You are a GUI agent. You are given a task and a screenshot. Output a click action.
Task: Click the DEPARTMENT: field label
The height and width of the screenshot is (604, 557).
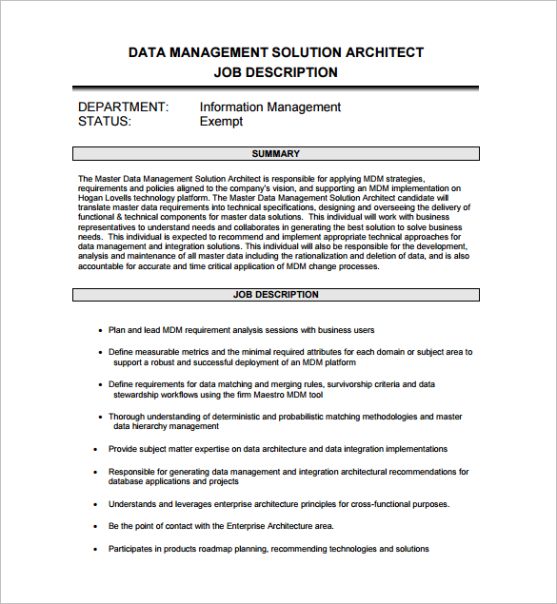(x=124, y=107)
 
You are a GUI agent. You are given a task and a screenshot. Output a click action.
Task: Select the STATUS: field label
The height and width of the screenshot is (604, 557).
(x=105, y=122)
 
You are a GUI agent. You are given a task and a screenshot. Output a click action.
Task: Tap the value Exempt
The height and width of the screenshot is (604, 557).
(x=221, y=122)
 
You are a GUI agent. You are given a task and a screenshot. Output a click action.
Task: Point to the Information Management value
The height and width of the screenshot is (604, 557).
(x=270, y=107)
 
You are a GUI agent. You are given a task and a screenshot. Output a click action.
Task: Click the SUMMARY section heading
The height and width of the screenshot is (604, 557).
(x=276, y=154)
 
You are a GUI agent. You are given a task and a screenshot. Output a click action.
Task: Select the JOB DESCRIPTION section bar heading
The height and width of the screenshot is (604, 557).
(x=276, y=295)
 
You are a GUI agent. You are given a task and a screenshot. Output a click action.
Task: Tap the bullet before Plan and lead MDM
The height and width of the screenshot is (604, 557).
(x=100, y=331)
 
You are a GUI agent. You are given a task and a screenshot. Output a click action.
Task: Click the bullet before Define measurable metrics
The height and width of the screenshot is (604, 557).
(x=100, y=352)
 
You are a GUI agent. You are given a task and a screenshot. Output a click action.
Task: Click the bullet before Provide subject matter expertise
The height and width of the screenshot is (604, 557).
(x=96, y=449)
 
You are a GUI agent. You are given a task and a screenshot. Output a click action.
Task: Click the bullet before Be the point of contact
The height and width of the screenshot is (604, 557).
(x=96, y=526)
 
